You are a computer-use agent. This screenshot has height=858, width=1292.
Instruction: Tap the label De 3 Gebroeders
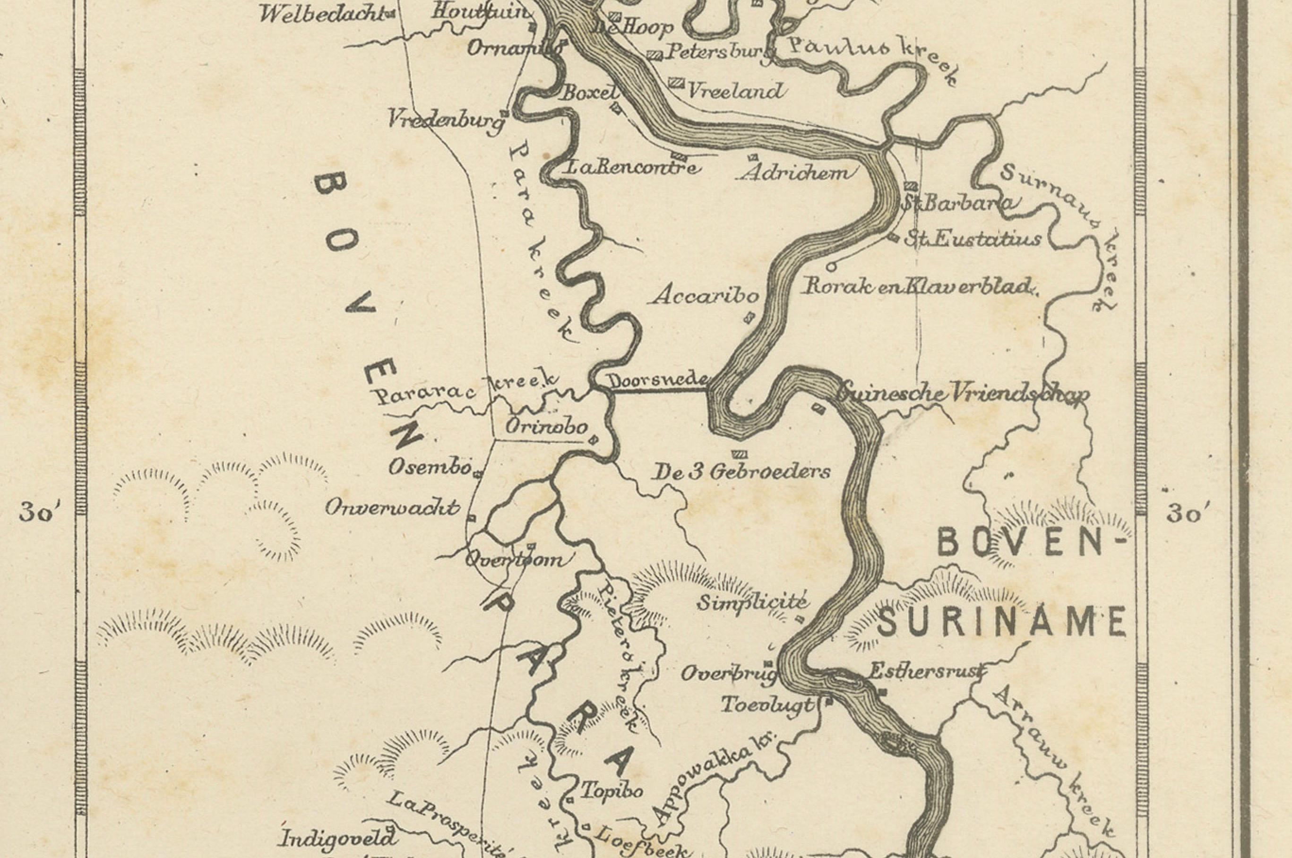click(x=741, y=472)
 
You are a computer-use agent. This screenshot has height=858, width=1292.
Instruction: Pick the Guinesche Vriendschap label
click(x=963, y=394)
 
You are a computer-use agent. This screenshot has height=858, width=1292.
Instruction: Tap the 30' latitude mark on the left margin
click(x=42, y=515)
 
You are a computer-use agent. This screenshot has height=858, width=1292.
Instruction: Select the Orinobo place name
click(x=546, y=427)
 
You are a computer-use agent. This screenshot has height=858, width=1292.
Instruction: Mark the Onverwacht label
click(x=392, y=508)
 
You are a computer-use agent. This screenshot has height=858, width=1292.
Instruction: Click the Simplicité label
click(x=752, y=602)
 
